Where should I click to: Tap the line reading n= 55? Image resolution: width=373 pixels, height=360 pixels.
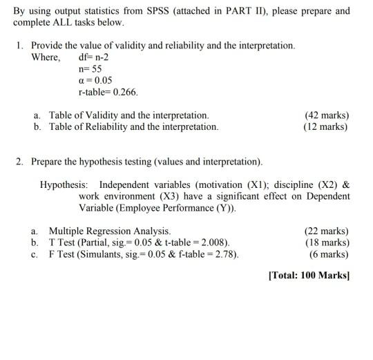coord(90,68)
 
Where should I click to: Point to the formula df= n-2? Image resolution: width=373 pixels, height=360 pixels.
coord(93,57)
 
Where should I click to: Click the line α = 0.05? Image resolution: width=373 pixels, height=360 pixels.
coord(96,80)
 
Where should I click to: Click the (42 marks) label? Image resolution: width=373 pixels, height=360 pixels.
coord(327,115)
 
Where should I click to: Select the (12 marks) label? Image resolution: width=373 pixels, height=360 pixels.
coord(327,126)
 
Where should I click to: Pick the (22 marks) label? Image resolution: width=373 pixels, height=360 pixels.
coord(327,231)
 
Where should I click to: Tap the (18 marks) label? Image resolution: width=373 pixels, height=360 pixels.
coord(327,243)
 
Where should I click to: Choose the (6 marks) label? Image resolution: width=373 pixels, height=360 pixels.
coord(329,254)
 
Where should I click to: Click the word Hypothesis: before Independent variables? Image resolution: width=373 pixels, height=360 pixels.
coord(64,185)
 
